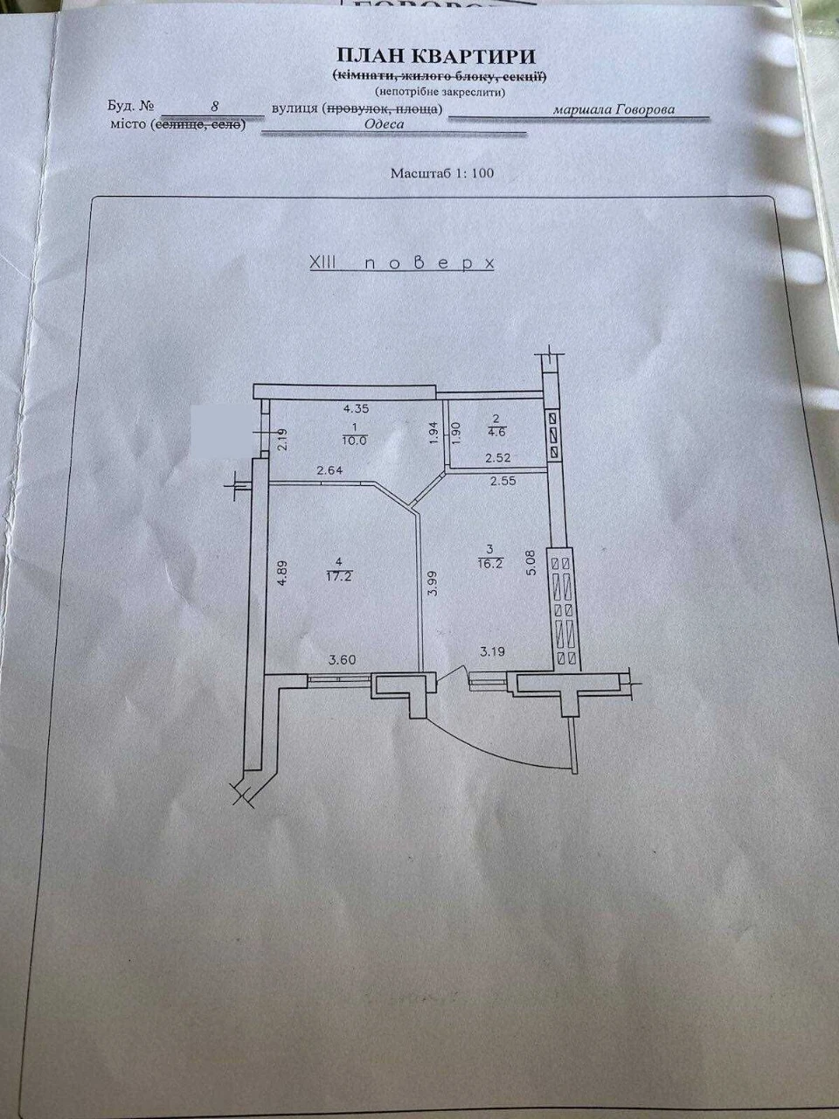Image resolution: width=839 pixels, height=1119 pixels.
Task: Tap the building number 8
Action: (x=215, y=107)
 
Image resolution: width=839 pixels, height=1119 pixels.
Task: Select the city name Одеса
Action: (x=385, y=124)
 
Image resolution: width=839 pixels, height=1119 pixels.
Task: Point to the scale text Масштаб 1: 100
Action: (x=442, y=173)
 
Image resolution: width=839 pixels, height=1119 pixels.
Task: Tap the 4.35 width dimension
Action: (x=356, y=408)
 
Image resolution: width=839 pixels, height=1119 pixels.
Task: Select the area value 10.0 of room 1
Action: (x=355, y=441)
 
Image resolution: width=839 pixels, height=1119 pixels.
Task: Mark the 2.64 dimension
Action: (x=329, y=470)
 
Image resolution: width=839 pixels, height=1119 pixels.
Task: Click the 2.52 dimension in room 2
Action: (x=498, y=458)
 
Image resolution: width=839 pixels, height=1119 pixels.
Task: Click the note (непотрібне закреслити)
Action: (x=440, y=93)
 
